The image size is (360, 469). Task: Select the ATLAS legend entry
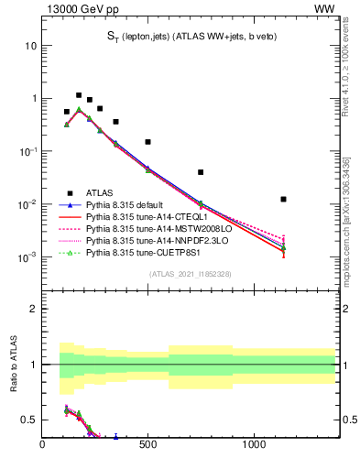click(x=100, y=193)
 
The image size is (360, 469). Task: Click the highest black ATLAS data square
click(x=79, y=95)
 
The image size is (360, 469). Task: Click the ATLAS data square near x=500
click(x=147, y=142)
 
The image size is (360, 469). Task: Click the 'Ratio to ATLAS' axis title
click(x=12, y=365)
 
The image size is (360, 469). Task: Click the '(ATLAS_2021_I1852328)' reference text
click(x=189, y=274)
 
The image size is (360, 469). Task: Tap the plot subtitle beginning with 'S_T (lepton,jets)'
click(x=190, y=36)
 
